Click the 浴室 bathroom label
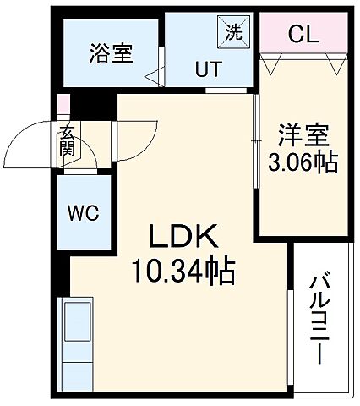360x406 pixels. tap(111, 52)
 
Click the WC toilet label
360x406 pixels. tap(82, 212)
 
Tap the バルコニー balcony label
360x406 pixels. tap(319, 317)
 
